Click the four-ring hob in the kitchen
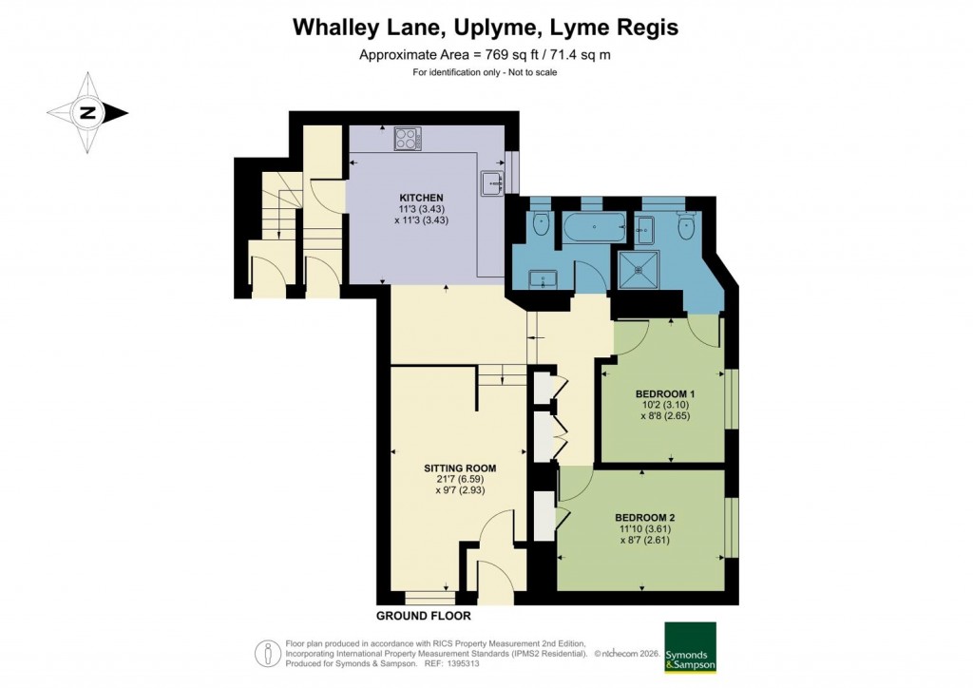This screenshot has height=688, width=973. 408,139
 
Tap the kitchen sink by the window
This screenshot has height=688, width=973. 491,181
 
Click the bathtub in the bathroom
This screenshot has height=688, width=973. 592,227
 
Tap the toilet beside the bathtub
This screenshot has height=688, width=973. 542,223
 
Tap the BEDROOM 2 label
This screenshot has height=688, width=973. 645,518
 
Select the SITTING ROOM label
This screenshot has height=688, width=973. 460,468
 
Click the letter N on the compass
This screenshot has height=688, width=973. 87,113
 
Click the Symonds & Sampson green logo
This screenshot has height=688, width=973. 689,647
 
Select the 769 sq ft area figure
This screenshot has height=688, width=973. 490,55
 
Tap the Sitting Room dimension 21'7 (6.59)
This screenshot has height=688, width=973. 460,481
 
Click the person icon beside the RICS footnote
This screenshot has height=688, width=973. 268,653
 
